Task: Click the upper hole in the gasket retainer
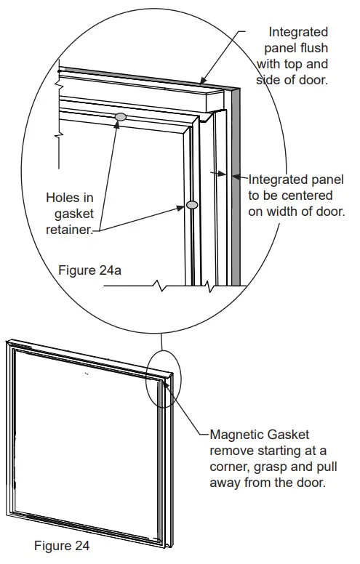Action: tap(121, 116)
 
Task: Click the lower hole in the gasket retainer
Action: tap(192, 206)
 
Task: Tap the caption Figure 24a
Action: tap(89, 270)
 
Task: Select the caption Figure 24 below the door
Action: tap(62, 546)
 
